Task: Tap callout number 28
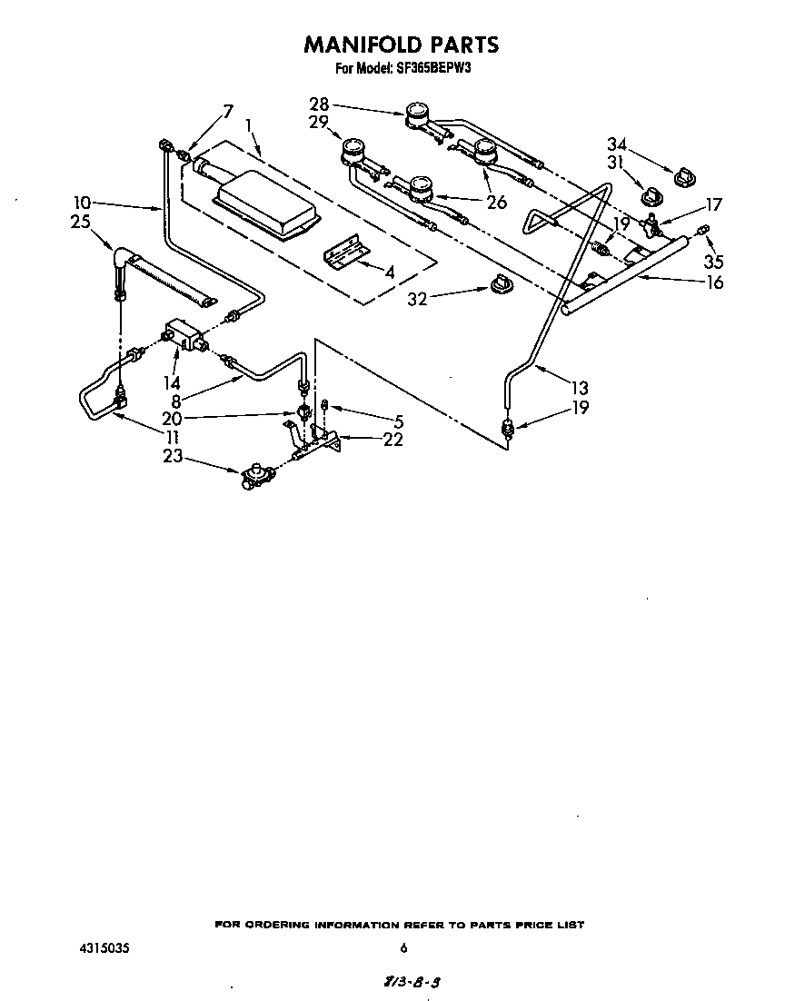click(319, 104)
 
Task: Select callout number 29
click(318, 122)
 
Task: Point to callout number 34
click(617, 144)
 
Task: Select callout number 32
click(417, 297)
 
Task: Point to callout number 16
click(715, 282)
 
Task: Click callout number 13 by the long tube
click(579, 385)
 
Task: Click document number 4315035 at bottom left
click(104, 948)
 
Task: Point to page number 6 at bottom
click(403, 948)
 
